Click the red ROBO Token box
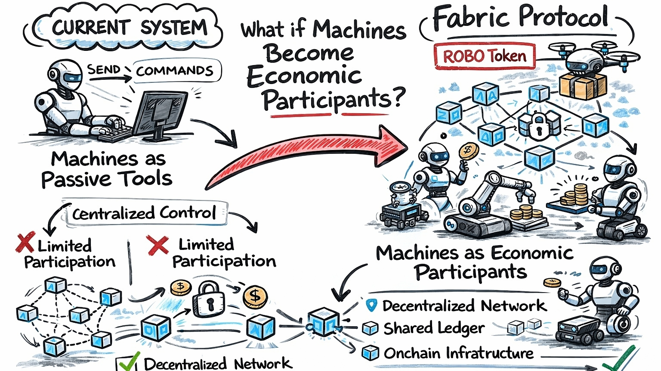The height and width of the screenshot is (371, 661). click(485, 56)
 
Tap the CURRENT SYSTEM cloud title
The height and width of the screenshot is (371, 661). click(129, 28)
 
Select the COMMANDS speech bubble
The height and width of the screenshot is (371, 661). click(175, 71)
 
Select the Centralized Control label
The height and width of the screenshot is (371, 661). click(144, 213)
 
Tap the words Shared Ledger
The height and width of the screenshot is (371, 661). click(434, 328)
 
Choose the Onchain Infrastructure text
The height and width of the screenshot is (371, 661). click(458, 353)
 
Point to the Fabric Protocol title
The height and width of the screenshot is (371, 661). click(521, 18)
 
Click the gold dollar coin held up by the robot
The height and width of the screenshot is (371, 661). click(467, 151)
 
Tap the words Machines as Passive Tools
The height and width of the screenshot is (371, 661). click(108, 169)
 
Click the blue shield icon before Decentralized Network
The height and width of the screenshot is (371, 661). click(371, 305)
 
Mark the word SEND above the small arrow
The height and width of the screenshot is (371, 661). click(104, 69)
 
